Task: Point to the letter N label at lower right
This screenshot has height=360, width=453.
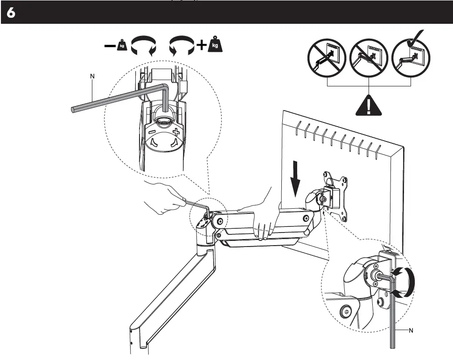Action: [x=411, y=331]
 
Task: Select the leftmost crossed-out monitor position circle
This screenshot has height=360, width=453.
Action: [x=327, y=59]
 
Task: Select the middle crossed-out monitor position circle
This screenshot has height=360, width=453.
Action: [x=369, y=59]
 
